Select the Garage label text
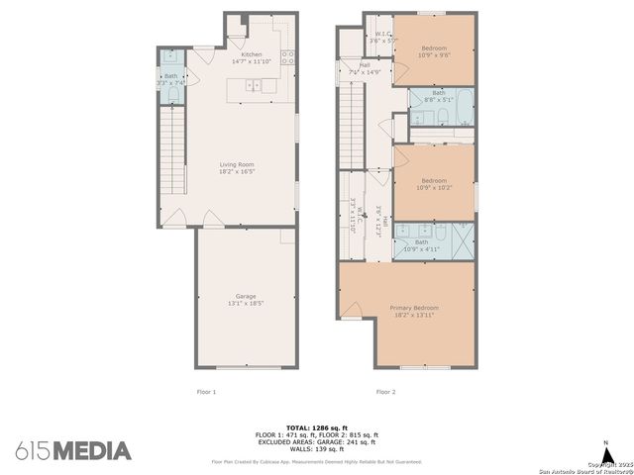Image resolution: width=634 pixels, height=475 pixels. tap(246, 296)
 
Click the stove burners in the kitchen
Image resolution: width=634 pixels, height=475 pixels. tap(287, 57)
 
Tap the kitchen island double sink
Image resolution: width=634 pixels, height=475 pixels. tap(257, 88)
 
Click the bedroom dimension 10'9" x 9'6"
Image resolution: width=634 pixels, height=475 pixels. tap(434, 55)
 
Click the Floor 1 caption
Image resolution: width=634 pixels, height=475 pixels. tap(206, 392)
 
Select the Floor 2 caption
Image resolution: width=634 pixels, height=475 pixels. tap(385, 392)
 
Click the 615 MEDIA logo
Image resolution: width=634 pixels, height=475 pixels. tap(73, 451)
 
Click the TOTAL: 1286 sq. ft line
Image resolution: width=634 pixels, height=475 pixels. tap(316, 427)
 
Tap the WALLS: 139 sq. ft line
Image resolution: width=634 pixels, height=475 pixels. tap(316, 448)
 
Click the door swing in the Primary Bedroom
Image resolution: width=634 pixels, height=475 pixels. tap(351, 312)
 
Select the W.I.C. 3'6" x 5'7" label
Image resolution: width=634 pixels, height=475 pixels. tap(378, 38)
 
